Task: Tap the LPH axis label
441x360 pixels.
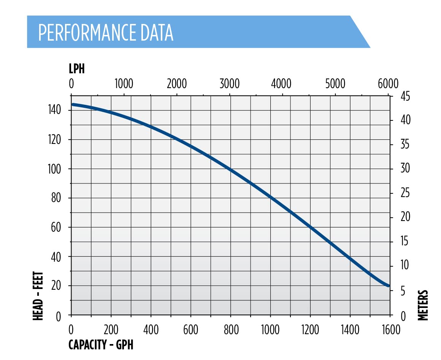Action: (76, 69)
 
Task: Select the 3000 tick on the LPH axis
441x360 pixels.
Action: (229, 84)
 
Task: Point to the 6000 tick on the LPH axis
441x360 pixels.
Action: (388, 84)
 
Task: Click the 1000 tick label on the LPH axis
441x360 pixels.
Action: (124, 84)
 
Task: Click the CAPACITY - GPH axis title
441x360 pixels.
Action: (101, 345)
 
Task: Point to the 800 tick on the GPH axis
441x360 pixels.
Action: (231, 330)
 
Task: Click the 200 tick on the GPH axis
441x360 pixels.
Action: (111, 330)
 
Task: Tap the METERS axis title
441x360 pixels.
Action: (423, 305)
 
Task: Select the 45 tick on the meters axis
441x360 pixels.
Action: (405, 96)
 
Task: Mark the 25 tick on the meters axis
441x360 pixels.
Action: (405, 193)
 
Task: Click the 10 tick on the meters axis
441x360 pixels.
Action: (405, 265)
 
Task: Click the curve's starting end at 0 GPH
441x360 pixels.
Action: (73, 104)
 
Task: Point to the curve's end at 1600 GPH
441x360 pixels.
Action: (388, 286)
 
